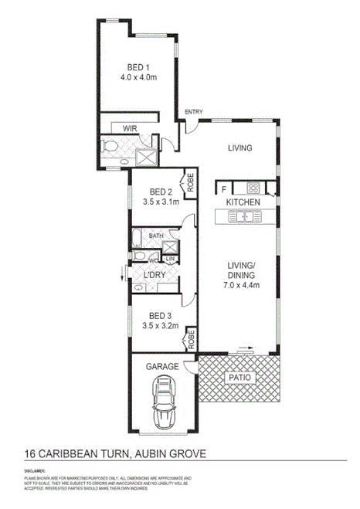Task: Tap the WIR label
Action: click(130, 128)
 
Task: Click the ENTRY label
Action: click(193, 113)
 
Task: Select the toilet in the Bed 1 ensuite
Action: click(110, 148)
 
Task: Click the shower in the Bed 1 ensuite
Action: click(144, 156)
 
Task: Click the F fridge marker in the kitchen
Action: click(223, 188)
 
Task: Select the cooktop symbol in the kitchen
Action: click(252, 188)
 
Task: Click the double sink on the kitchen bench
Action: click(244, 218)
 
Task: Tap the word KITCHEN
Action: click(243, 203)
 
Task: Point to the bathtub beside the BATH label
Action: click(138, 236)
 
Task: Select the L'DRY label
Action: click(157, 275)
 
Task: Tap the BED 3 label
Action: click(160, 315)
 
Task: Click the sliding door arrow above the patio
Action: click(245, 348)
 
